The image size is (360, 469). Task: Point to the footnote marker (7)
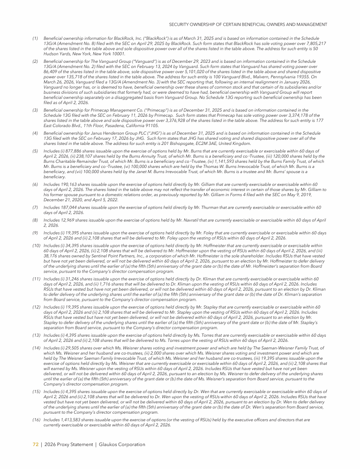pyautogui.click(x=35, y=207)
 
